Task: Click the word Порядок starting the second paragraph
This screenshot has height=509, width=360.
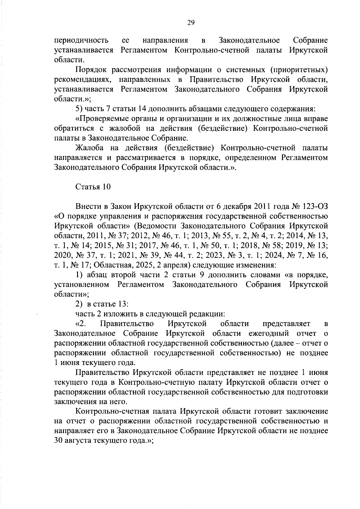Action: tap(91, 70)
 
